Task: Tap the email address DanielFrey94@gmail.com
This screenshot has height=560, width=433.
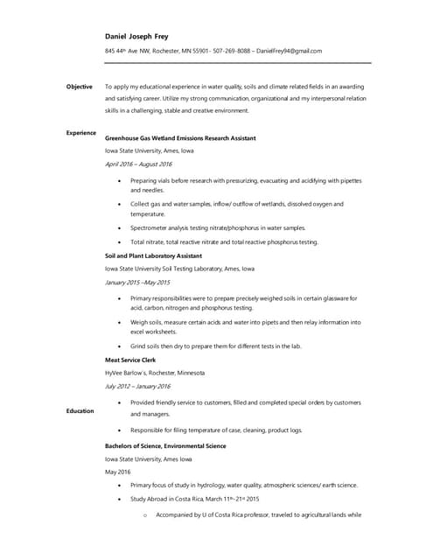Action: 290,51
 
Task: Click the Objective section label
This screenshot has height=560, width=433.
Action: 80,87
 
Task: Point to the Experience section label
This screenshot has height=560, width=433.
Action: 81,132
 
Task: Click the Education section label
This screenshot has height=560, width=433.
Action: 80,410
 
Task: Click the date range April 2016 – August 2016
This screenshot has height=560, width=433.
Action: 138,164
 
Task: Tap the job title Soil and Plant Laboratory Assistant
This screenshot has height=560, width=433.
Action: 158,256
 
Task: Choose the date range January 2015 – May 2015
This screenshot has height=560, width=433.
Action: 137,283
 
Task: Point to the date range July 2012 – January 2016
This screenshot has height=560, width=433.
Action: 137,386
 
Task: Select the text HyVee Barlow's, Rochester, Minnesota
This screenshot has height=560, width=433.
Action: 155,373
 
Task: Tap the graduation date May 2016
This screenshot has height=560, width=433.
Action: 117,472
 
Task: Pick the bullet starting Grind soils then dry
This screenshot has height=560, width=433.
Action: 215,346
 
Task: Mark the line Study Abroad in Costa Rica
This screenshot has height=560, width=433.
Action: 195,499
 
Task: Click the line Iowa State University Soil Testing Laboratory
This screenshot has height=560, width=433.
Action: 179,269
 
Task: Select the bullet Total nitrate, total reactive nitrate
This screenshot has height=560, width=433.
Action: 224,241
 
